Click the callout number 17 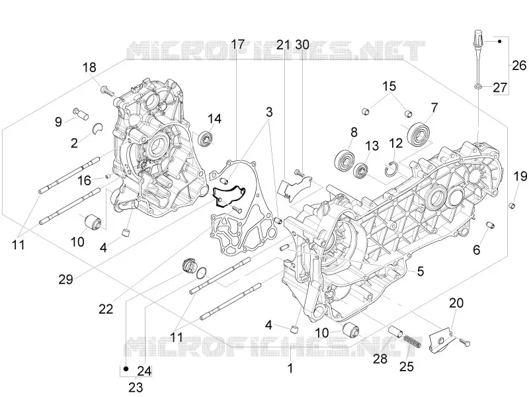coord(237,44)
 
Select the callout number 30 coord(302,44)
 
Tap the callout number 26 coord(519,65)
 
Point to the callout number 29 coord(65,279)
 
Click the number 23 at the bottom coord(136,387)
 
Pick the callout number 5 coord(421,271)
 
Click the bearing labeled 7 coord(419,135)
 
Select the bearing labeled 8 coord(345,159)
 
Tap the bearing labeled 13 coord(362,170)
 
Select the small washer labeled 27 coord(478,87)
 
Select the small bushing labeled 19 coord(512,205)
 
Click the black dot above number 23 coord(126,369)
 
